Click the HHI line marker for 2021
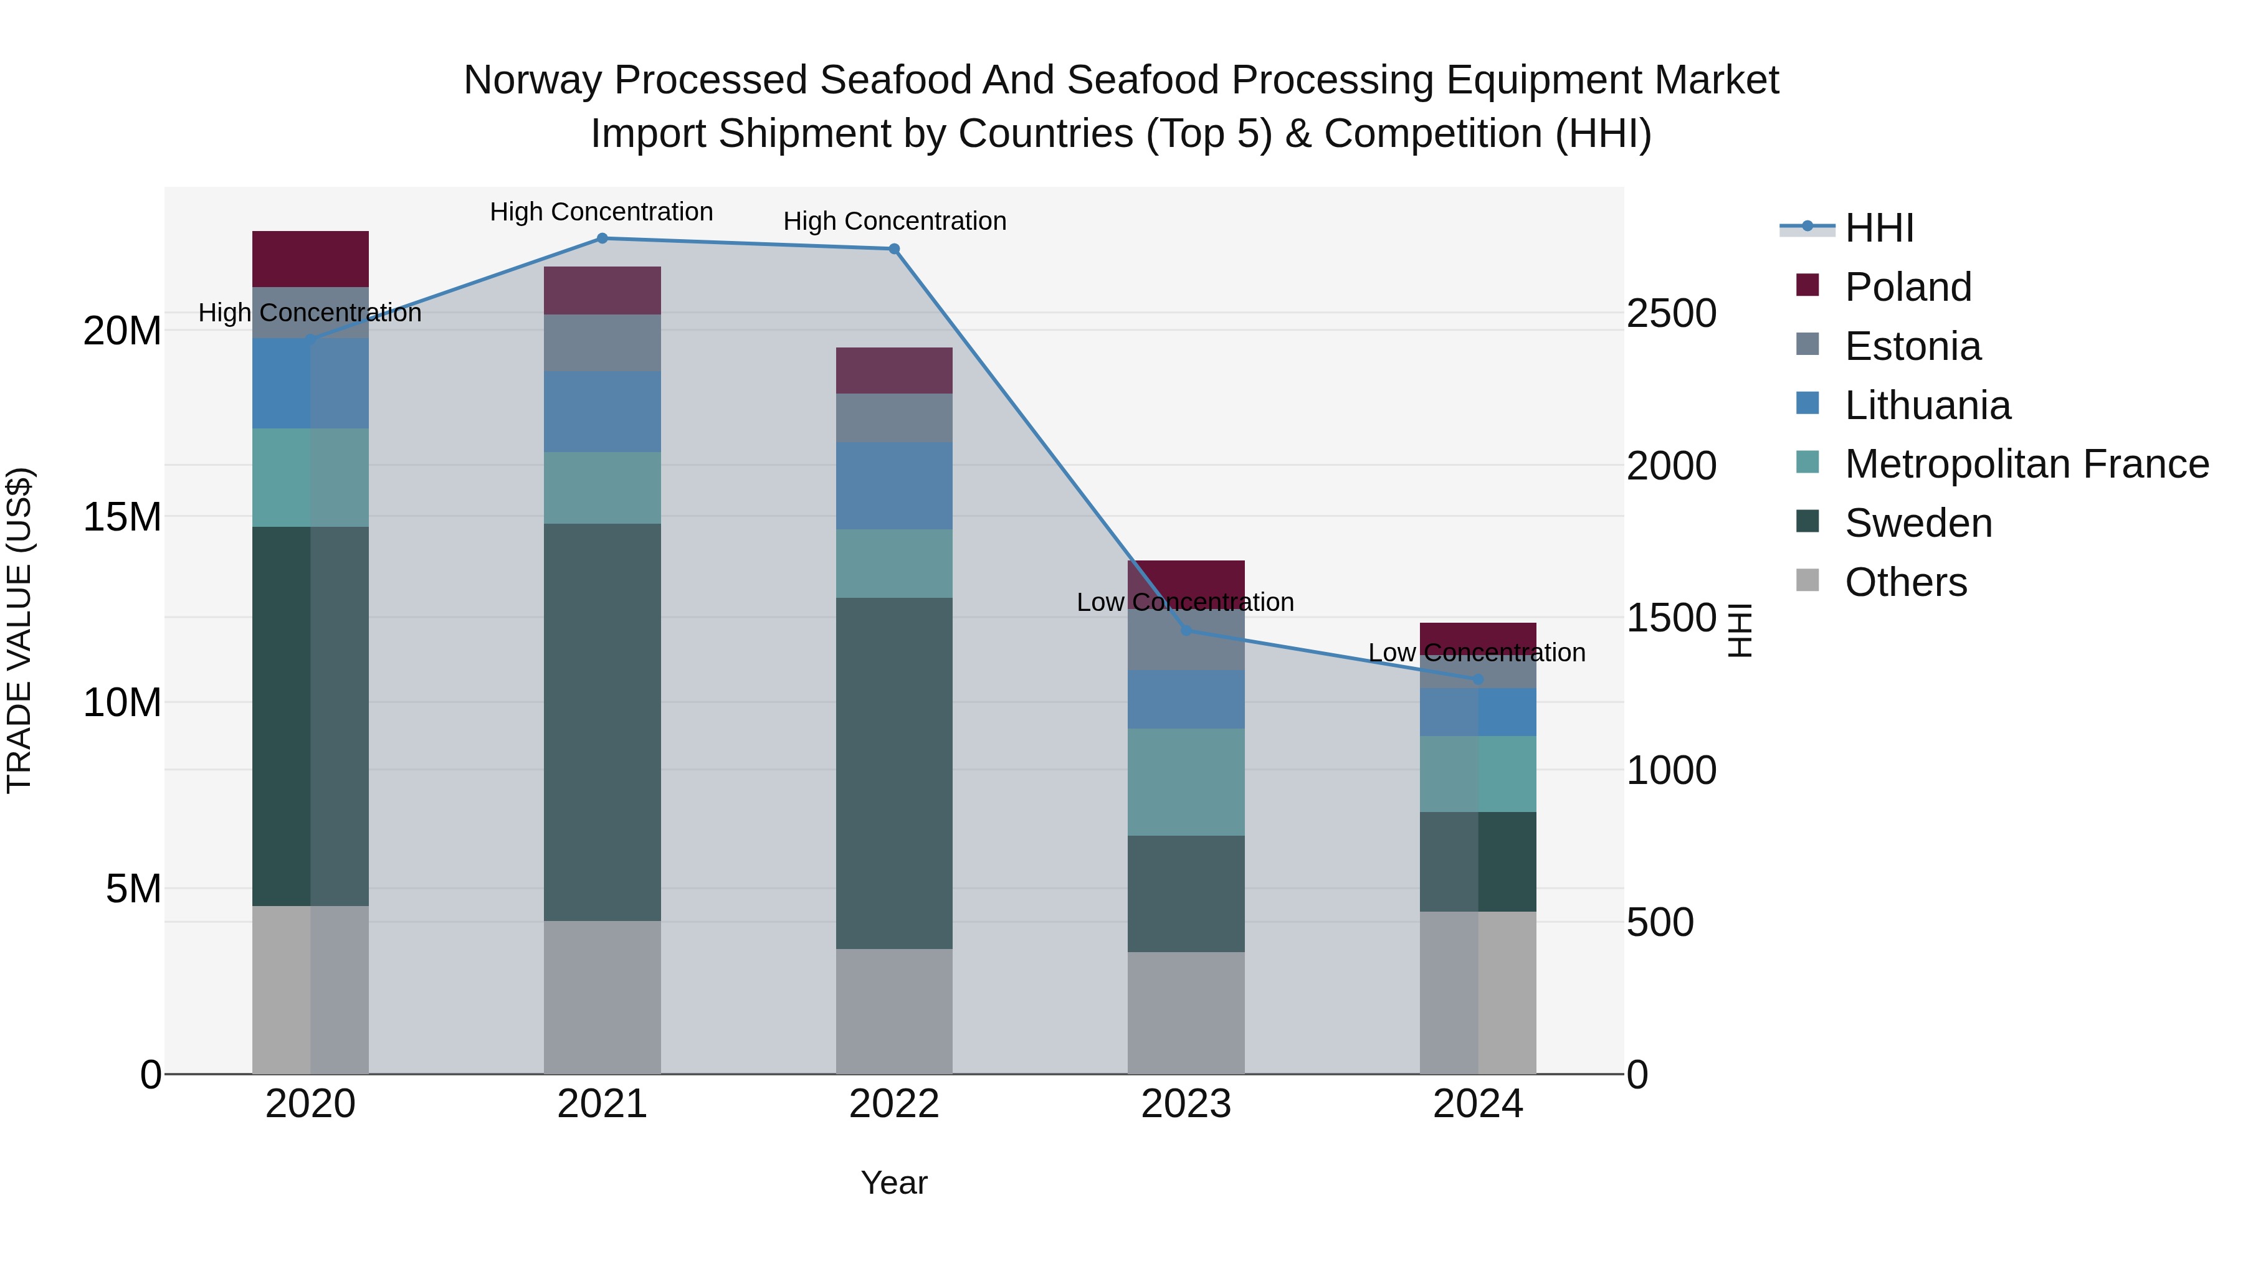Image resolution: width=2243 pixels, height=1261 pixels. (x=602, y=239)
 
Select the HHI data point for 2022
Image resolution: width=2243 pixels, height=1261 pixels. (x=893, y=249)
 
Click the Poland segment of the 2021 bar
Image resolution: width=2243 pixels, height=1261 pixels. (x=602, y=291)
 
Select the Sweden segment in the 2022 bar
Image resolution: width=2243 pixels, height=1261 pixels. (x=893, y=773)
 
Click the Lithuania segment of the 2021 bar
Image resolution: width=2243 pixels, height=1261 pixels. (x=602, y=412)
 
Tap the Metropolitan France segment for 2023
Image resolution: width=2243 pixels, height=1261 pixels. (x=1185, y=782)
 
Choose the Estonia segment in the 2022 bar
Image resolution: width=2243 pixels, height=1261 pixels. (x=893, y=418)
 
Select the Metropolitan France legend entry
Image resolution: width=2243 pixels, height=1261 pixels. (x=2026, y=464)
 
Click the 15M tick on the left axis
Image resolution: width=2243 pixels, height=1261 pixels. (x=122, y=517)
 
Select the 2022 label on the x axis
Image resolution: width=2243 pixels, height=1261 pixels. (x=893, y=1104)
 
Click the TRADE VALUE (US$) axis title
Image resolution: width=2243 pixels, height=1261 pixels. (x=19, y=630)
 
